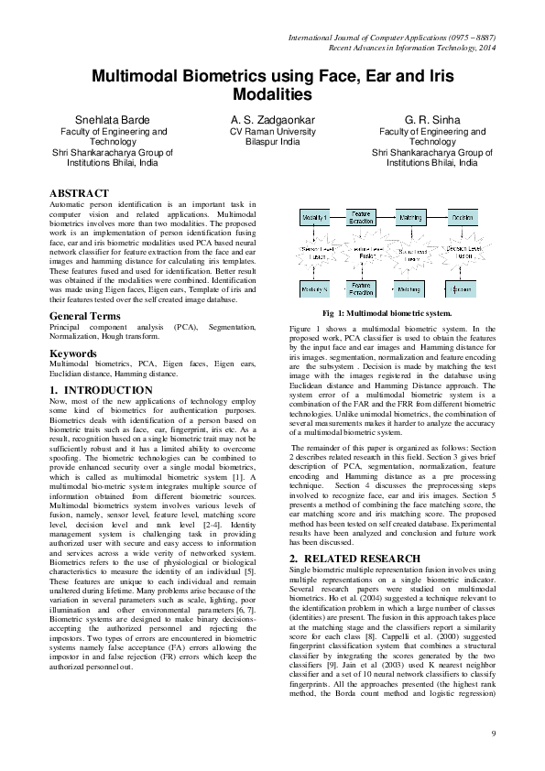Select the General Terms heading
pos(85,316)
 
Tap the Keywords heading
pos(73,353)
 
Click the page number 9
pos(492,733)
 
